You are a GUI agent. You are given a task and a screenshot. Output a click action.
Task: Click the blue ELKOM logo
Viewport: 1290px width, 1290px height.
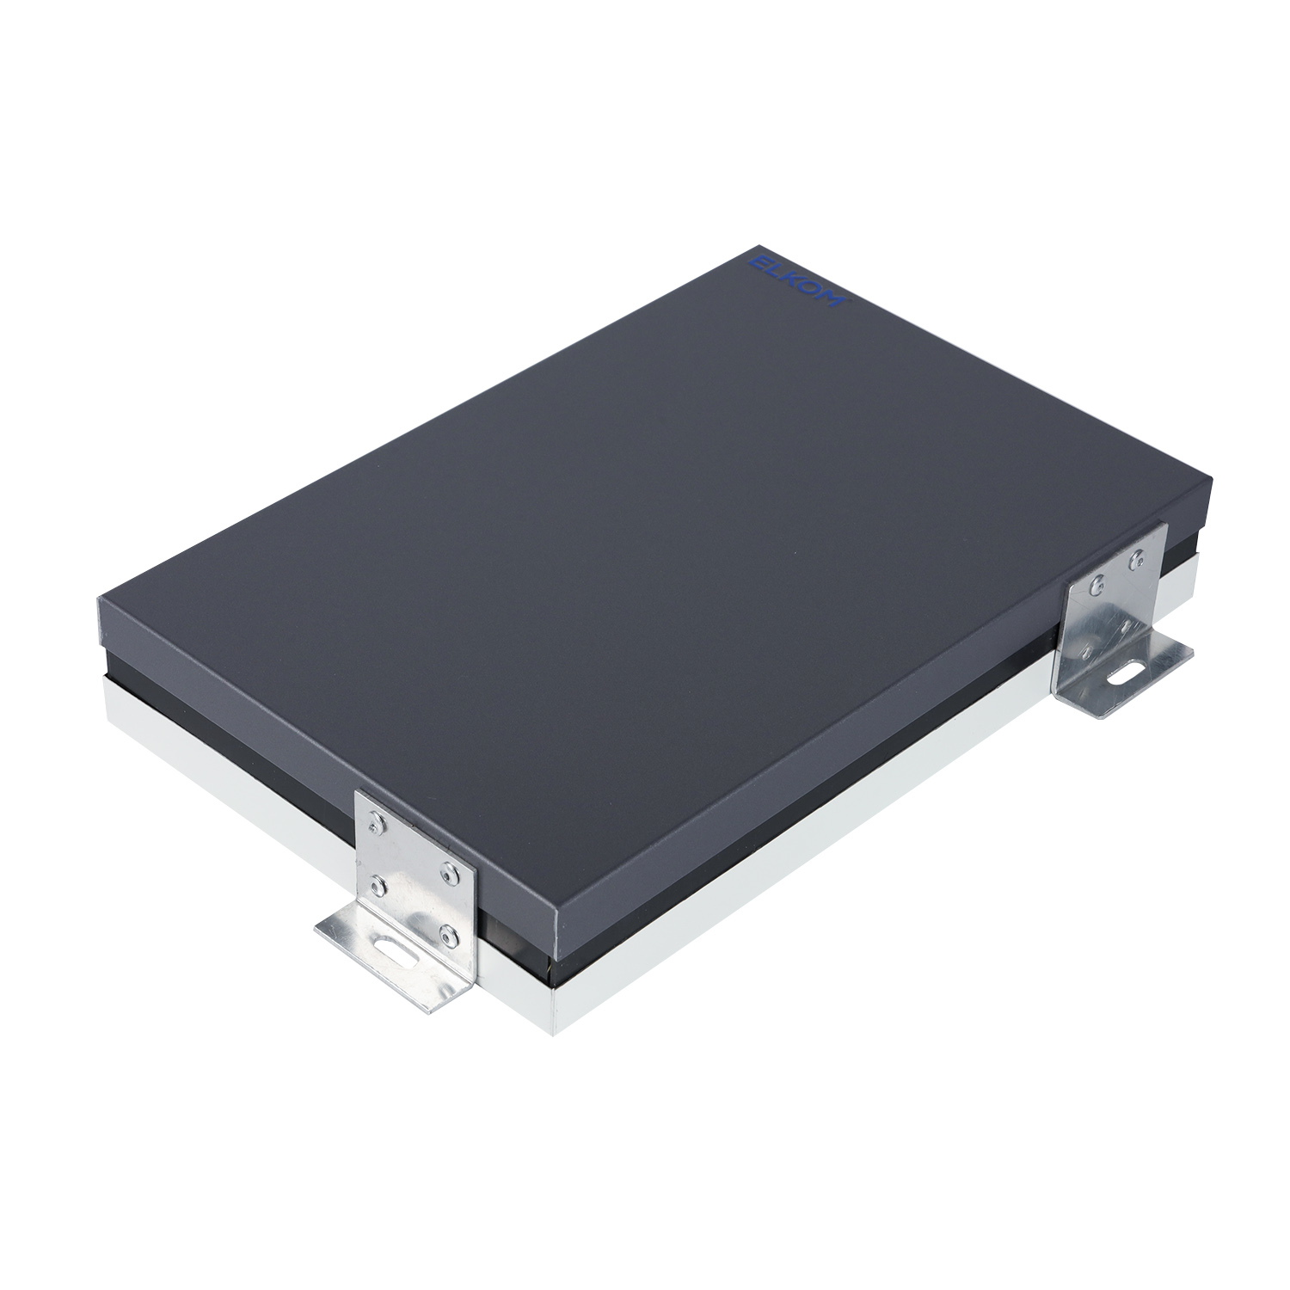(799, 277)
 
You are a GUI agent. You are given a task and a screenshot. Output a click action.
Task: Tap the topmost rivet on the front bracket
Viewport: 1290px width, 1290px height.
(375, 827)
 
